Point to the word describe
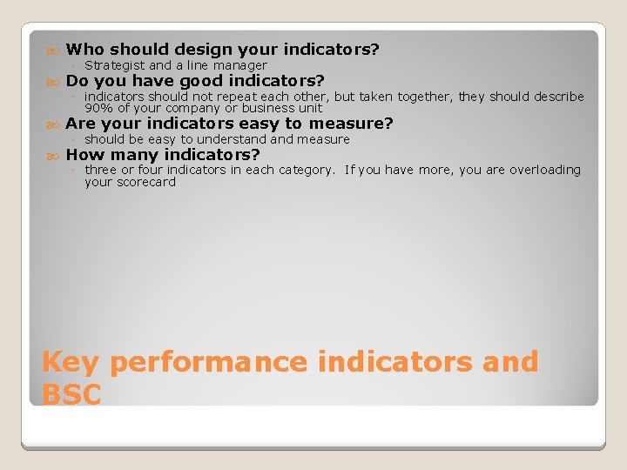click(556, 97)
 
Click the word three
click(101, 170)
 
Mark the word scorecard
click(145, 182)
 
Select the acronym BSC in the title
click(71, 394)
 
